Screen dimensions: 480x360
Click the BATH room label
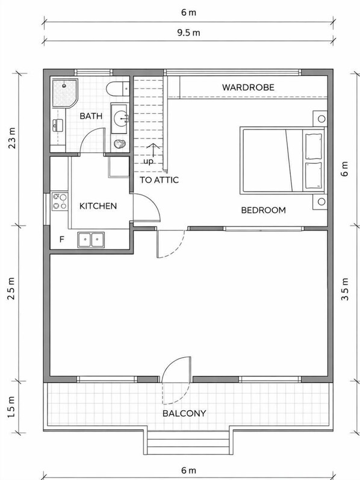click(90, 116)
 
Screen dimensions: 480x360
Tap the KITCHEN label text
click(98, 206)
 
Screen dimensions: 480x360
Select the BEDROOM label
click(263, 210)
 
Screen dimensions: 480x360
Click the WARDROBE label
click(248, 87)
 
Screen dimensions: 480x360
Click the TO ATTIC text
click(159, 179)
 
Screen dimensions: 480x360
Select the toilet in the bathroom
click(114, 89)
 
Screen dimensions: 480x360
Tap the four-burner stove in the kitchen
click(60, 201)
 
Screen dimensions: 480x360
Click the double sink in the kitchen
click(90, 240)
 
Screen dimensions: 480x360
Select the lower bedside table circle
click(321, 201)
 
